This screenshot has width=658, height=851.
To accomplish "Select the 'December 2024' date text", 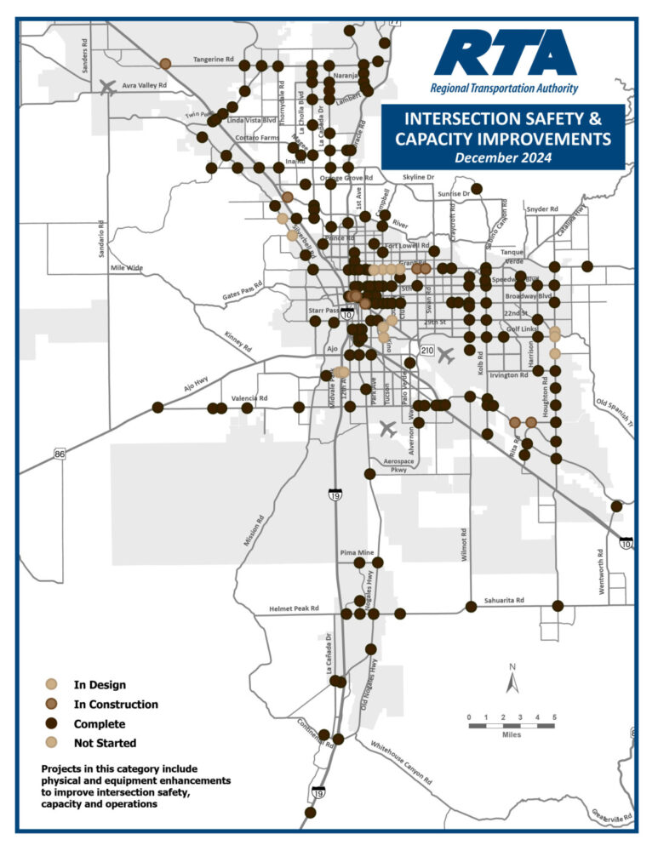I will (502, 157).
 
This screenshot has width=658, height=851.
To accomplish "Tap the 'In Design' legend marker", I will (52, 684).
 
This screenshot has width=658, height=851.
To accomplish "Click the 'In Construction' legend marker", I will (52, 704).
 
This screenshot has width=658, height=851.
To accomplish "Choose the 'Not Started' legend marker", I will (52, 744).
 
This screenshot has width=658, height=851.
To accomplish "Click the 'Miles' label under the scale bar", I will (511, 734).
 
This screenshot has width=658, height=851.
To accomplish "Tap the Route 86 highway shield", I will (59, 455).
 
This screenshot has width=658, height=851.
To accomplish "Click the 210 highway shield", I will (426, 351).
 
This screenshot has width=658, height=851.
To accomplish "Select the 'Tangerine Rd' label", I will (213, 60).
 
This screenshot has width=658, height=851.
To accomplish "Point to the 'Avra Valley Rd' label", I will (144, 86).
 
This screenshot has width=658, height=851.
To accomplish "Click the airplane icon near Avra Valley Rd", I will (108, 87).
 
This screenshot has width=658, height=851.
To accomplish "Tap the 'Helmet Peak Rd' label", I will (294, 609).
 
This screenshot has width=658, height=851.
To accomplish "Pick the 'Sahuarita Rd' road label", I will (504, 601).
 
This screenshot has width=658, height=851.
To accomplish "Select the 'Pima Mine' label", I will (357, 552).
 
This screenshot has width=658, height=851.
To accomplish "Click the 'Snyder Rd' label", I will (541, 208).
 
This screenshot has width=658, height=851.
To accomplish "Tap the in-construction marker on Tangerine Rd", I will (165, 63).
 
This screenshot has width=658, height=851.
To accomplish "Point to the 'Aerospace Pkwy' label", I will (398, 465).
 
